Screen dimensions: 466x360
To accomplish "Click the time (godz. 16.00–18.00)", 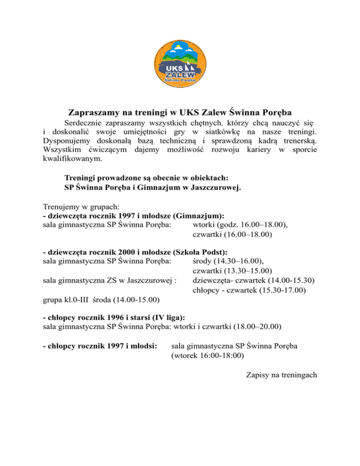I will click(x=253, y=224).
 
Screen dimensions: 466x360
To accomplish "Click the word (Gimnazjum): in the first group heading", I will click(x=198, y=216).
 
